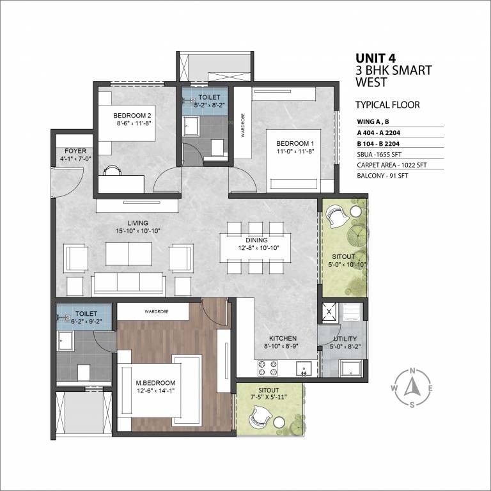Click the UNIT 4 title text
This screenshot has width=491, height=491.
[x=375, y=58]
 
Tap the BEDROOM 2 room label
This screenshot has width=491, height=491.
[x=132, y=115]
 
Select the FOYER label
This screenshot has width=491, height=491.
[x=75, y=151]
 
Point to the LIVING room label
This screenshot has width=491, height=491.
[x=137, y=223]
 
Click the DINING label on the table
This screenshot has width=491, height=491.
[x=256, y=240]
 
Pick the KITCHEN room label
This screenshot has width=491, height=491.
[x=283, y=338]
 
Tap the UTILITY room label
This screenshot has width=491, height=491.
[x=345, y=338]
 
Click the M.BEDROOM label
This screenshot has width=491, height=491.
[x=155, y=383]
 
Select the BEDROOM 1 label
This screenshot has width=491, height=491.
[x=295, y=143]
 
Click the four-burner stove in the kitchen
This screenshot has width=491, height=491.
[x=267, y=368]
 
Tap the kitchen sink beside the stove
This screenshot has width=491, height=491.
[x=304, y=368]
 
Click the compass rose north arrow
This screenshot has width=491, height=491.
[x=412, y=387]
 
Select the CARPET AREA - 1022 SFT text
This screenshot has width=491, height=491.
[x=391, y=165]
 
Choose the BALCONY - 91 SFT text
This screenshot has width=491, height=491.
[x=382, y=176]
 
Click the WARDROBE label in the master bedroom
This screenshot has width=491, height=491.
[x=156, y=311]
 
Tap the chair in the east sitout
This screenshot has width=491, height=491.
[x=337, y=217]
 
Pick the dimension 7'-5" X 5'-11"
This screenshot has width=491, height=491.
[x=269, y=397]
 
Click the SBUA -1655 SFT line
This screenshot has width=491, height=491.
[x=379, y=154]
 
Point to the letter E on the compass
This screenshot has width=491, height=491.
[x=430, y=389]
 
